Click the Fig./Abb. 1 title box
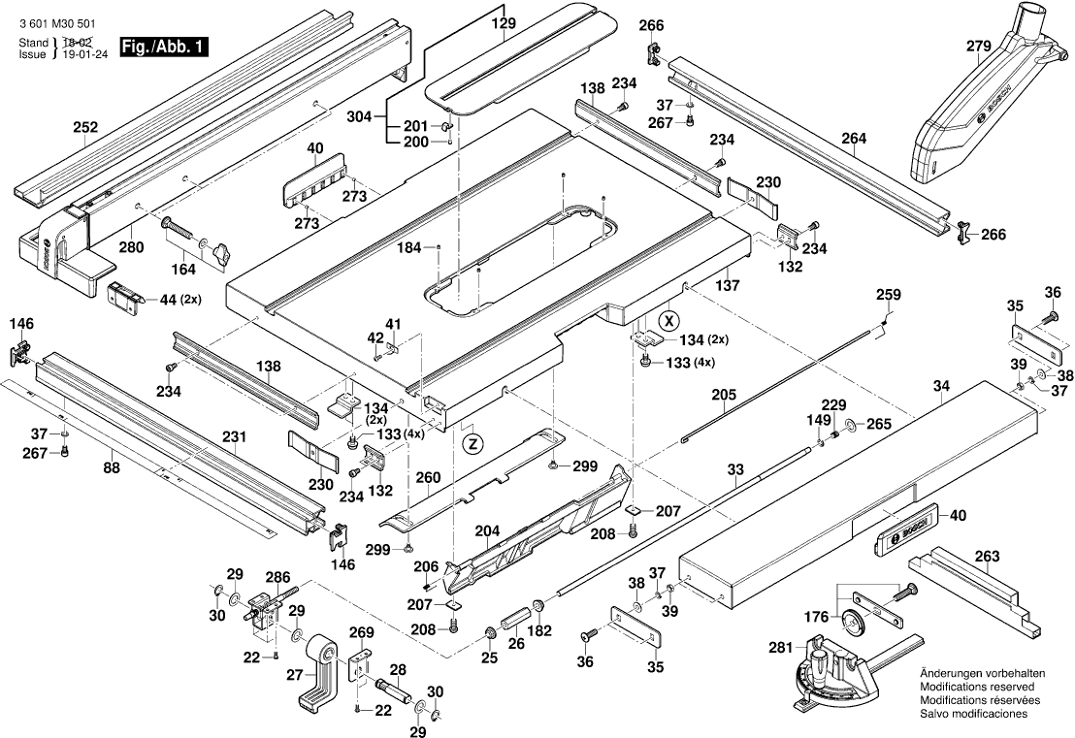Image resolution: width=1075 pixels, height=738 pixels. (x=163, y=47)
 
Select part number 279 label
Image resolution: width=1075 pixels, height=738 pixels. (x=978, y=46)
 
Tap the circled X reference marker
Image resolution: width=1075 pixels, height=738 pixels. (x=668, y=319)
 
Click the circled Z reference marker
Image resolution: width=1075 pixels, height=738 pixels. (x=472, y=444)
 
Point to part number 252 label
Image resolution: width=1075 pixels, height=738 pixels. (x=85, y=127)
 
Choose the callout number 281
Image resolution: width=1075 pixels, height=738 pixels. (x=780, y=647)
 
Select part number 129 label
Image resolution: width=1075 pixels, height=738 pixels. (x=504, y=22)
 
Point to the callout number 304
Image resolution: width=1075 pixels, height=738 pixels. (x=359, y=116)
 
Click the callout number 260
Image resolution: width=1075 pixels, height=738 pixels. (x=428, y=477)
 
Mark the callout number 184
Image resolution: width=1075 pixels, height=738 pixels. (x=409, y=247)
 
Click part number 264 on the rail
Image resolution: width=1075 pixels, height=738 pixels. (x=854, y=139)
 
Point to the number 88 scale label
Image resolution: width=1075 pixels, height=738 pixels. (x=111, y=467)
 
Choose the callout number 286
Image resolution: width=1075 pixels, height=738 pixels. (x=277, y=577)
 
